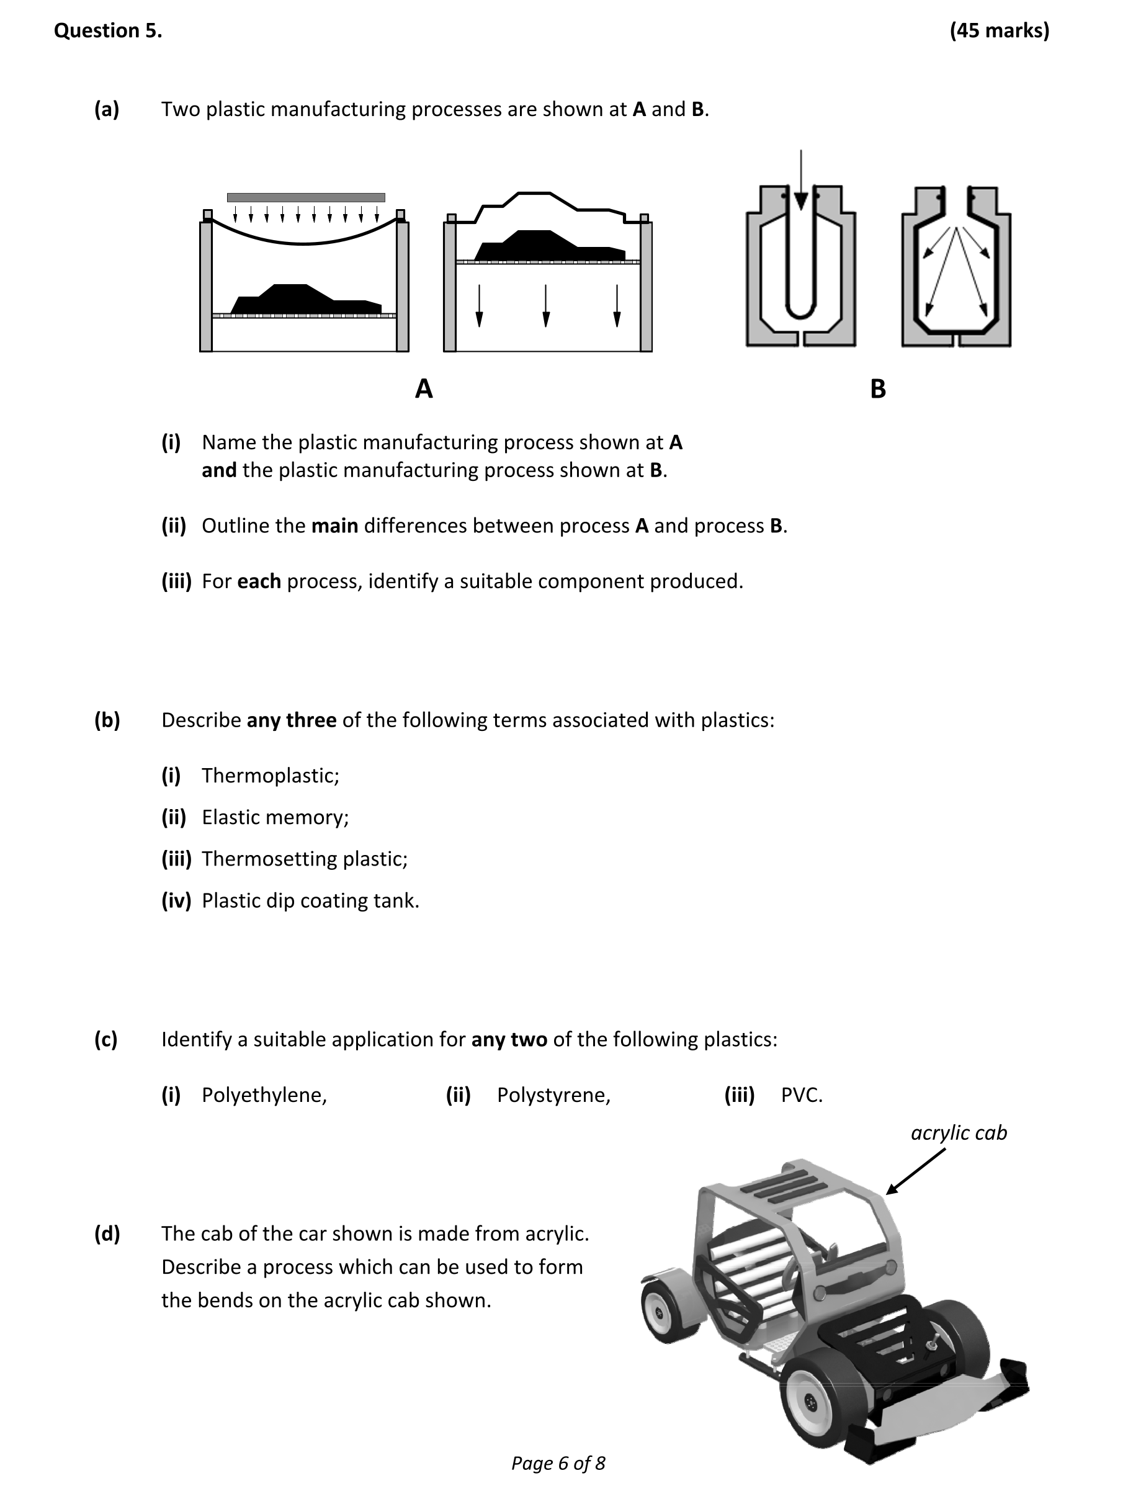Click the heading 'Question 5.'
click(107, 30)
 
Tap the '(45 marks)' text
click(999, 30)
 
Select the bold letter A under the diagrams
click(424, 388)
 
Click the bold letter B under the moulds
click(877, 389)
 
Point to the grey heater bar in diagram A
click(306, 197)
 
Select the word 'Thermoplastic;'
click(270, 775)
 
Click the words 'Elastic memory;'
click(275, 817)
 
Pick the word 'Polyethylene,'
click(264, 1095)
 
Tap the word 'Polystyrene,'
click(553, 1095)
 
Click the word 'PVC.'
click(802, 1095)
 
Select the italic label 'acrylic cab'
click(959, 1132)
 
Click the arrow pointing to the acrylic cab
click(915, 1172)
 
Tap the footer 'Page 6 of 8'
click(558, 1462)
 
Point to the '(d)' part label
click(107, 1233)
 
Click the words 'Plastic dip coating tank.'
click(310, 900)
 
